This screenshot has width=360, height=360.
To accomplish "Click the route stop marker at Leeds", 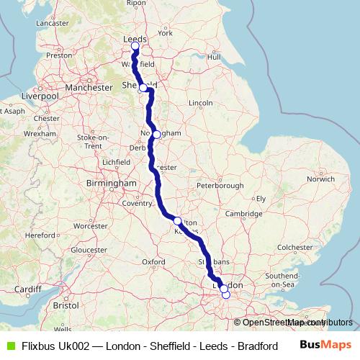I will [135, 47].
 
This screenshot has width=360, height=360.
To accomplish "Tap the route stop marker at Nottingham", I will [156, 134].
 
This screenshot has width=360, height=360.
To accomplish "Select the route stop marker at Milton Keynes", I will [177, 220].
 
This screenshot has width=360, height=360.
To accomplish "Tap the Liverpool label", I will [40, 95].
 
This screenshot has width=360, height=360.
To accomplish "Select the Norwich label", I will [320, 178].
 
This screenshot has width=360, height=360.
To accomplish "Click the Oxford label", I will [154, 261].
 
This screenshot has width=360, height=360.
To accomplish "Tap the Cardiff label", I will [27, 289].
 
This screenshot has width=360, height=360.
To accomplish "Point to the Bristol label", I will [66, 305].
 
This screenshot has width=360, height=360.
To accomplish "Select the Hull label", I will [213, 57].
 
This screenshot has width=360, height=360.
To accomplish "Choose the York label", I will [166, 33].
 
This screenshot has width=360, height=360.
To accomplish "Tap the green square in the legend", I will [9, 346].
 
